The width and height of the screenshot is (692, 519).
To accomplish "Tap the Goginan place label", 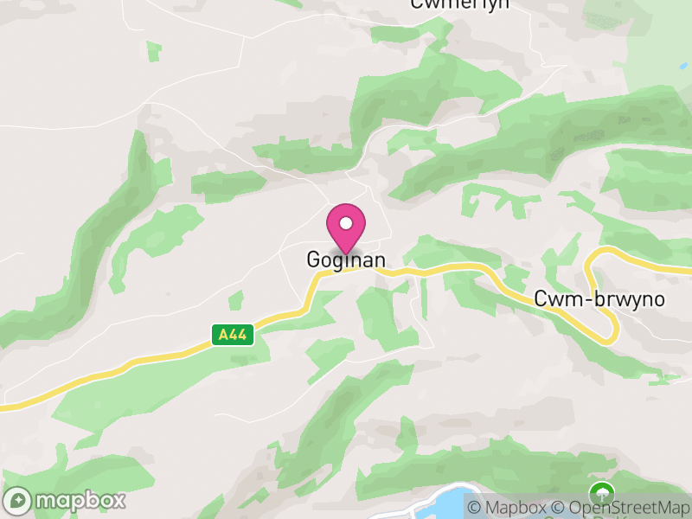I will point(346,259).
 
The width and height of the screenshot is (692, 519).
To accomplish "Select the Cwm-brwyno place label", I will point(599,299).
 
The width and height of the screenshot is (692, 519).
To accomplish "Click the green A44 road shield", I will point(233,335).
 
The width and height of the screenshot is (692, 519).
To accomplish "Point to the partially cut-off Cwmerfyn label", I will point(459,3).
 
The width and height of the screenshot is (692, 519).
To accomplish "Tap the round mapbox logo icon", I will point(18,501).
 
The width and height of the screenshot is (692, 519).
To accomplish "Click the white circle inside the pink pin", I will point(346,223).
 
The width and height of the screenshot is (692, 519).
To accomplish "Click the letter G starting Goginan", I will point(313,259).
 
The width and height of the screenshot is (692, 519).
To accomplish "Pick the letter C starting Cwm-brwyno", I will point(542,299).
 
